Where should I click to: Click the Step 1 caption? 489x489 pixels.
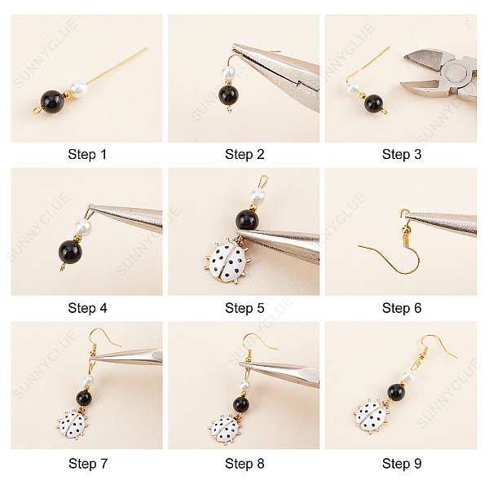pyautogui.click(x=87, y=154)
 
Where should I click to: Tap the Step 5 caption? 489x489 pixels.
pyautogui.click(x=244, y=308)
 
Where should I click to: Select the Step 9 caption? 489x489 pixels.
pyautogui.click(x=402, y=464)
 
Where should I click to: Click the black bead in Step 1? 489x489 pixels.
pyautogui.click(x=52, y=102)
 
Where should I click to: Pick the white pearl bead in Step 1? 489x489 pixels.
pyautogui.click(x=77, y=88)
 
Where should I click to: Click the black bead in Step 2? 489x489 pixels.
pyautogui.click(x=228, y=95)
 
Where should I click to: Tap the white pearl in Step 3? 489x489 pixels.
pyautogui.click(x=353, y=88)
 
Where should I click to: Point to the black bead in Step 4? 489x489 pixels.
pyautogui.click(x=70, y=252)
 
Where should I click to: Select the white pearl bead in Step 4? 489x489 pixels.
pyautogui.click(x=82, y=227)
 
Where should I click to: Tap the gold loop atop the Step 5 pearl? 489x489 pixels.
pyautogui.click(x=263, y=181)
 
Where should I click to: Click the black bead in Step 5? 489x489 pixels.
pyautogui.click(x=247, y=220)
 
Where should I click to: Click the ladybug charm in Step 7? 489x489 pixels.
pyautogui.click(x=73, y=425)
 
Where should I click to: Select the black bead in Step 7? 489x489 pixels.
pyautogui.click(x=84, y=398)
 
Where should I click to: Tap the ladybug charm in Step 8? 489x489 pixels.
pyautogui.click(x=226, y=430)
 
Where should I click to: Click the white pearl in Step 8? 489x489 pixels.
pyautogui.click(x=244, y=385)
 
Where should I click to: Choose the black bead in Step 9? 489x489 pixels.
pyautogui.click(x=396, y=392)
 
